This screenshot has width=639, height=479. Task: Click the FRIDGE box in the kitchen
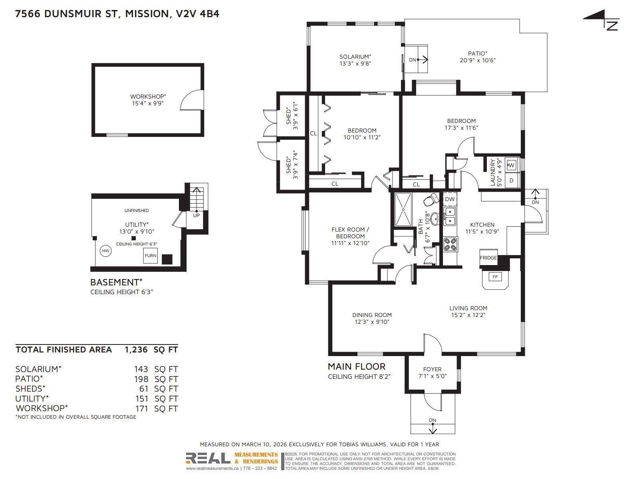coord(488,257)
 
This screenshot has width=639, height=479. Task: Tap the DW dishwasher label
coord(450,199)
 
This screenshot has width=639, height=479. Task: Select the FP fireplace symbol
coord(495,277)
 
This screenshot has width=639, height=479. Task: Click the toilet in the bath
coord(431,200)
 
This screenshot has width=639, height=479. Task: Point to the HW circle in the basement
coord(105,251)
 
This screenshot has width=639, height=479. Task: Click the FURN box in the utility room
coord(151,255)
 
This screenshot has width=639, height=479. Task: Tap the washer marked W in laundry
coord(512,165)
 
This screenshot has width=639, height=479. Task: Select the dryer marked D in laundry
coord(511,180)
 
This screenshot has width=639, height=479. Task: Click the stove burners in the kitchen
coord(450,244)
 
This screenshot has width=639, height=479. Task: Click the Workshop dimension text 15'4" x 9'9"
coord(148,103)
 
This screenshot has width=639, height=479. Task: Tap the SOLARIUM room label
coord(355,57)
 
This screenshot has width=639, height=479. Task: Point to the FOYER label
coord(432,369)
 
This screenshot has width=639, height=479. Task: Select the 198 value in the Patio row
coord(141,379)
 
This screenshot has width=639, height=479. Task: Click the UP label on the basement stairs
coord(196,215)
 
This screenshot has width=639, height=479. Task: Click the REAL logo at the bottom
coord(208,458)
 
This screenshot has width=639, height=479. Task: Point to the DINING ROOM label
coord(371,315)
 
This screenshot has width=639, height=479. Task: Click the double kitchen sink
coord(450,216)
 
